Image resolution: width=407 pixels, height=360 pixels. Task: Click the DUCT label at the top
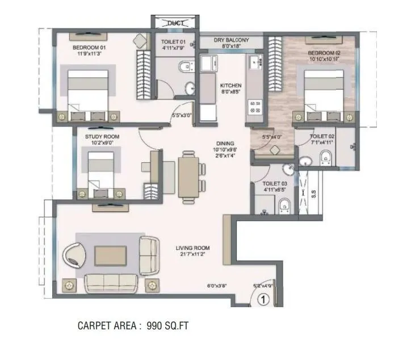(x=174, y=23)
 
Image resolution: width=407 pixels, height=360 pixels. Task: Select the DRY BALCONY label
(x=231, y=40)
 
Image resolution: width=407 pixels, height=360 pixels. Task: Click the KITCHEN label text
(x=231, y=85)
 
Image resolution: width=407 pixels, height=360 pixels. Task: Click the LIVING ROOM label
(x=192, y=248)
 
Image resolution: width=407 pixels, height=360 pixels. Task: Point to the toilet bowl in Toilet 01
(x=183, y=68)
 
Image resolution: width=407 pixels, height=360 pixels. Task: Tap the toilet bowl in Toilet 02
(x=325, y=158)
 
